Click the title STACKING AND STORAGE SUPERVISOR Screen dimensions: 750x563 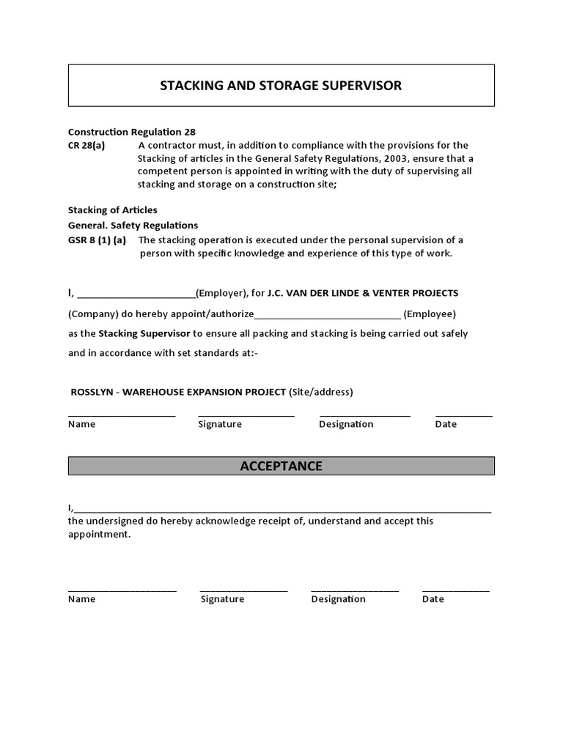281,86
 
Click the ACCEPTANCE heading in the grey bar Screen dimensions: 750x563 281,467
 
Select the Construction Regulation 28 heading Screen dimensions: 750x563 132,132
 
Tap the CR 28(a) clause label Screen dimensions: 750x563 87,145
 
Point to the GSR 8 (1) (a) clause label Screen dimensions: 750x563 97,240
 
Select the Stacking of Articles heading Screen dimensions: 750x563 113,210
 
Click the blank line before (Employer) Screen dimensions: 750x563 136,294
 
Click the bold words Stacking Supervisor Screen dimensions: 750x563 144,333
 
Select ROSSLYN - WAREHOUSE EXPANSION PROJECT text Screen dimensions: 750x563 178,392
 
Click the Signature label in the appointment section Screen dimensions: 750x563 220,424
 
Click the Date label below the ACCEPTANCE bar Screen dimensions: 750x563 433,599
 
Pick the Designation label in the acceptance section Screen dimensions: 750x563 338,599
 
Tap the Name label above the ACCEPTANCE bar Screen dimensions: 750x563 81,424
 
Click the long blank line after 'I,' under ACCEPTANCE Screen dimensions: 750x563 282,510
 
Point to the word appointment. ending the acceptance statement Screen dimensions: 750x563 99,535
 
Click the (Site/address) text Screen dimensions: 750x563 321,392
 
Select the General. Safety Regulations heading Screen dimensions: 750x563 133,226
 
